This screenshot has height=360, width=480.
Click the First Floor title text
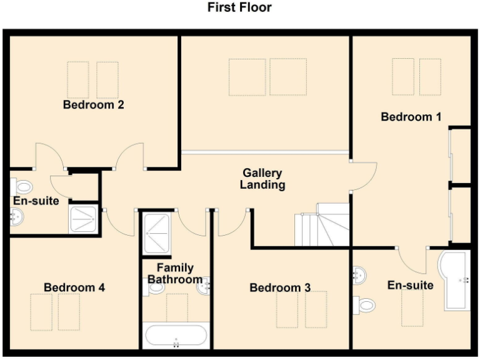(x=239, y=7)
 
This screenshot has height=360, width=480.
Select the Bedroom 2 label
(x=93, y=105)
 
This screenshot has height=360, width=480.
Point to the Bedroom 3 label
(x=280, y=287)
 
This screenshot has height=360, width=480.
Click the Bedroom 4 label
(x=74, y=287)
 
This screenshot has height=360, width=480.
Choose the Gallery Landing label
(x=262, y=179)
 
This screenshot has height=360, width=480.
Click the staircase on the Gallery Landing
(x=323, y=224)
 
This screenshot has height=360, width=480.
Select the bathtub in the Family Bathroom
(x=176, y=336)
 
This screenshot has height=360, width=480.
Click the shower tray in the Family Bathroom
(x=157, y=233)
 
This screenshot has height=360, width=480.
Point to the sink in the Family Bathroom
(x=203, y=287)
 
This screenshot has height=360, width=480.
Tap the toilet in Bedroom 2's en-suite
(x=23, y=186)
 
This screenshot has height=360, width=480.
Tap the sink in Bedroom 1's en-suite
(x=359, y=275)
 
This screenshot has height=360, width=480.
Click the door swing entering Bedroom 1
(x=364, y=176)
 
